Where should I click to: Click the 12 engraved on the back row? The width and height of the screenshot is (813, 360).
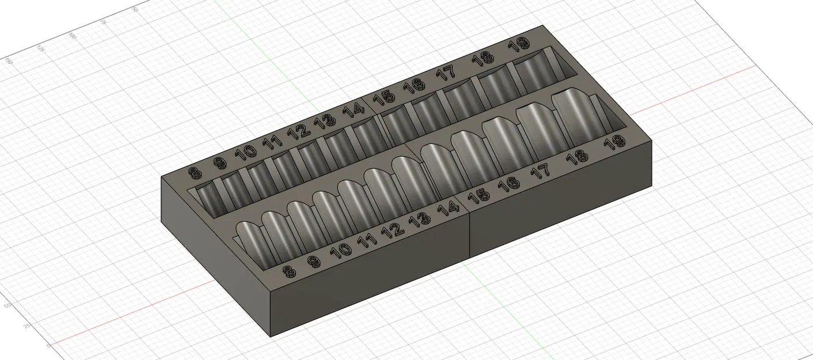tap(299, 131)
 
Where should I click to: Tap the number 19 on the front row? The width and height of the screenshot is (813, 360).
tap(616, 143)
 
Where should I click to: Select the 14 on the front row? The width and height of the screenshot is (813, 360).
tap(447, 209)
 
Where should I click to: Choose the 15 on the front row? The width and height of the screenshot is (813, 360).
tap(478, 196)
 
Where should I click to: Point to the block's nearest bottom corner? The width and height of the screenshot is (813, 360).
tap(271, 336)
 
